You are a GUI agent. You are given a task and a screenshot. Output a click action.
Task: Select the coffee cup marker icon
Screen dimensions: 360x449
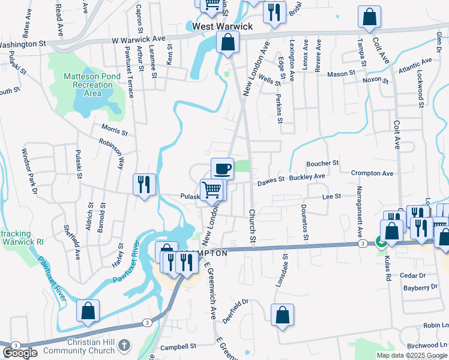click(222, 168)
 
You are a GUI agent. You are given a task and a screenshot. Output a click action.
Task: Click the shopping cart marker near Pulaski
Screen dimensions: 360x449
click(212, 190)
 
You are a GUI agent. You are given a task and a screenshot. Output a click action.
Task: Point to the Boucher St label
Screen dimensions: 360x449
click(322, 163)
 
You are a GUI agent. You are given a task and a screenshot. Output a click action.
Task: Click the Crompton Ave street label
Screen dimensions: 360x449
click(372, 173)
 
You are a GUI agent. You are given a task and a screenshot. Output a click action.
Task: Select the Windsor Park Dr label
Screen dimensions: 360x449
click(29, 172)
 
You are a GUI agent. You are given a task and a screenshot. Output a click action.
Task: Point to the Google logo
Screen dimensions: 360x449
click(20, 353)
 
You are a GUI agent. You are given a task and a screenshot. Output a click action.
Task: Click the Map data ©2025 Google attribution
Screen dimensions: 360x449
click(412, 355)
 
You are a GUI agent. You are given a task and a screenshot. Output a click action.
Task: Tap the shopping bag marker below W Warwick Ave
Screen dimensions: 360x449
click(228, 43)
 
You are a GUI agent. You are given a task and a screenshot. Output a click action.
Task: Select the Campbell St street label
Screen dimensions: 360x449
click(179, 346)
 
